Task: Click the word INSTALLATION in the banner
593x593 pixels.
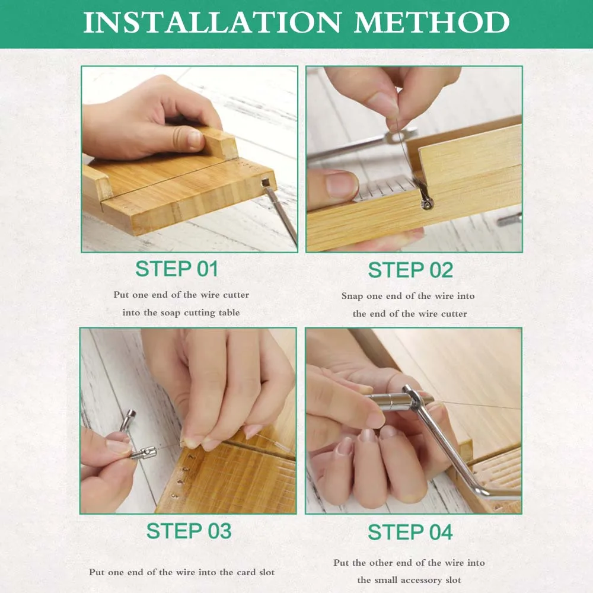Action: click(x=212, y=23)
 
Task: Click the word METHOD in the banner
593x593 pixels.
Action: click(x=432, y=23)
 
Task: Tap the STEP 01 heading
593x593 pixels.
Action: click(x=177, y=269)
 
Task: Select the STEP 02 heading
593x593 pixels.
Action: click(x=410, y=270)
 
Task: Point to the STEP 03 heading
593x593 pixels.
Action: click(x=189, y=531)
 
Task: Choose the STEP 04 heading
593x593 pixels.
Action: click(x=410, y=532)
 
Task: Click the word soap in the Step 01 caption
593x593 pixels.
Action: click(x=170, y=313)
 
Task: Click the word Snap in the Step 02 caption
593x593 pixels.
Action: click(x=352, y=296)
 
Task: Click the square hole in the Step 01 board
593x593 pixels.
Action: click(x=266, y=183)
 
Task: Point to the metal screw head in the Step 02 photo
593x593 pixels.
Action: click(x=428, y=204)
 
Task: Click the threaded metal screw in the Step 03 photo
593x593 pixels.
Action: click(x=144, y=452)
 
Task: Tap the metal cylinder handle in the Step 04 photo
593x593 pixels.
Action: click(x=393, y=401)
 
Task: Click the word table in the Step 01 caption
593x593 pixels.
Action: click(x=229, y=313)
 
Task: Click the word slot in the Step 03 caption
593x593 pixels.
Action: click(x=267, y=572)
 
